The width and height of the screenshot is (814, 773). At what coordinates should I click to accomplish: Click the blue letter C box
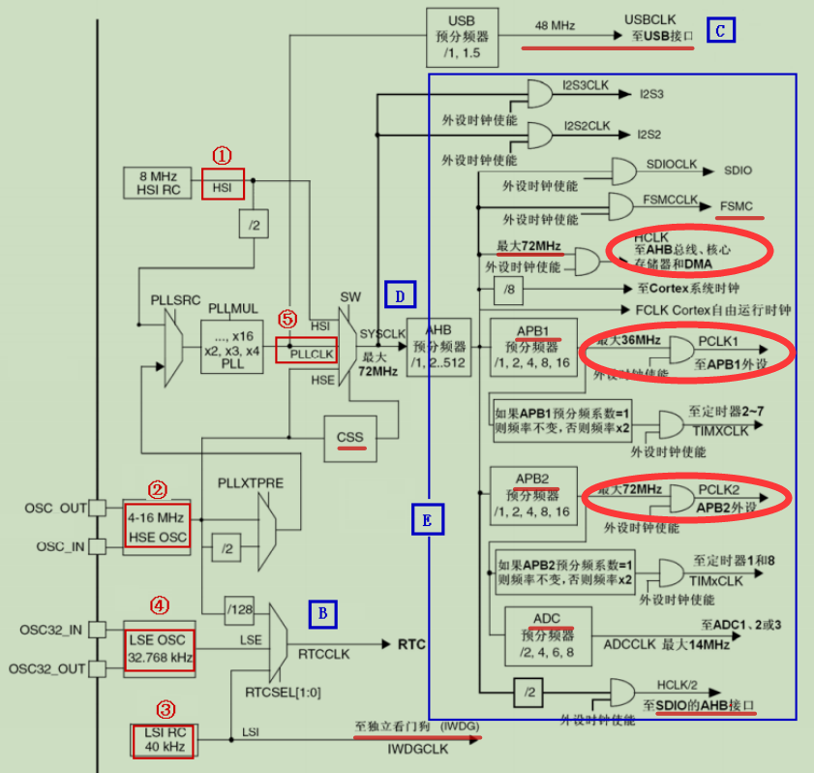[720, 31]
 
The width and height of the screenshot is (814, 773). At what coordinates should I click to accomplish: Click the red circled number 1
[223, 155]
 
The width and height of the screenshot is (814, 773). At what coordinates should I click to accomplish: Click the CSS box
[350, 438]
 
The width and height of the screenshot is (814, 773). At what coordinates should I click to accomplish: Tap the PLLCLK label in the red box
[308, 350]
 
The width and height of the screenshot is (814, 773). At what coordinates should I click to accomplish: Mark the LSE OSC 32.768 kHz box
[162, 648]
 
